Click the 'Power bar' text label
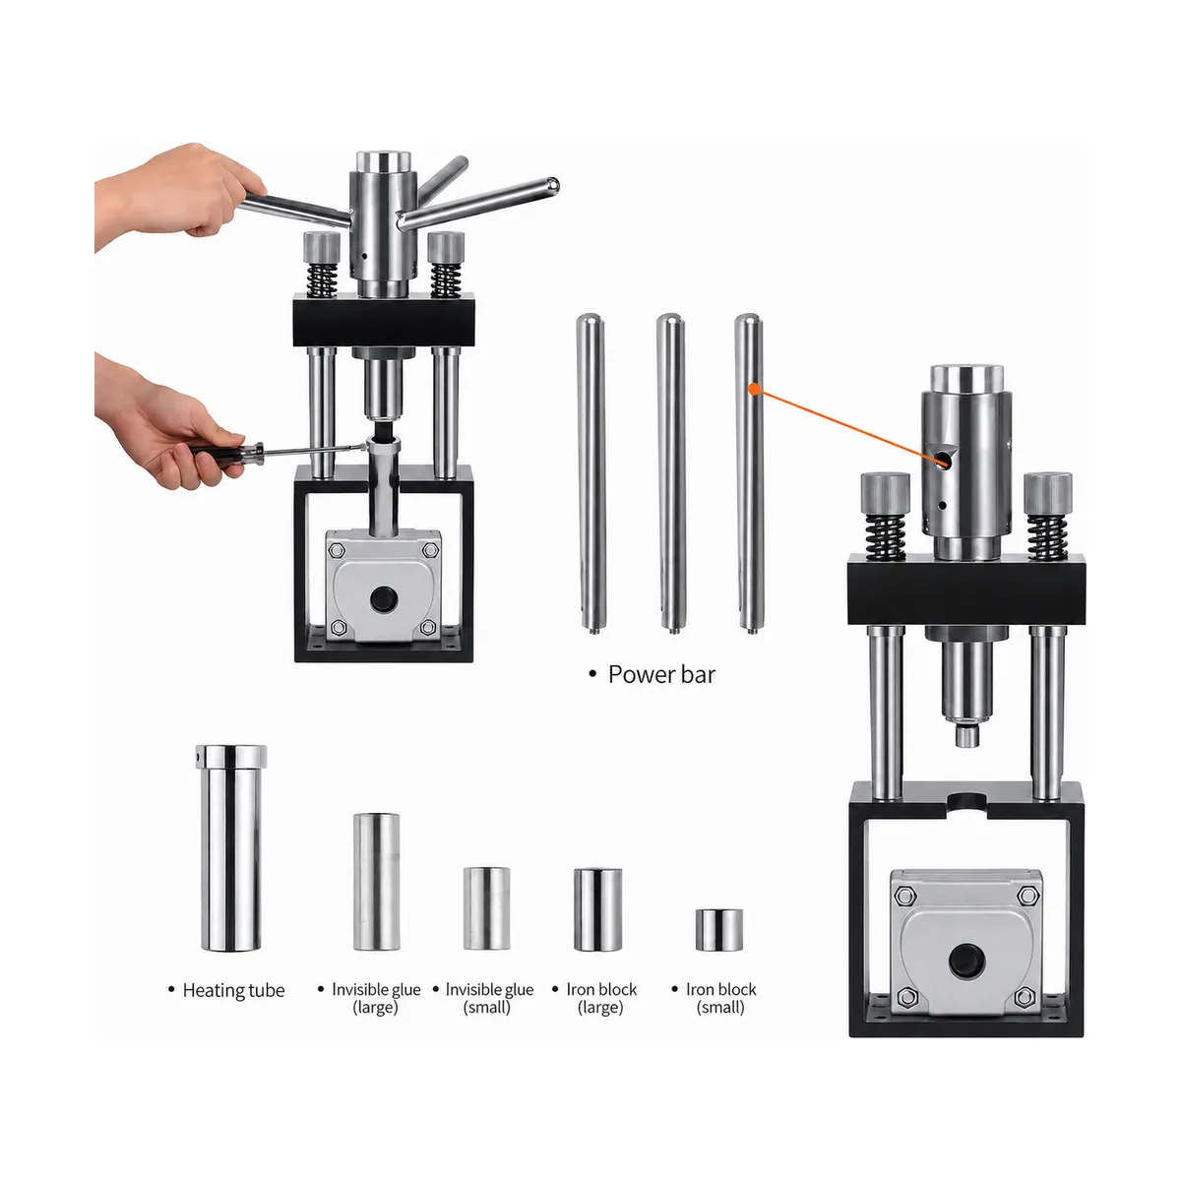pos(660,675)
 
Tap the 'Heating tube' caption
pos(233,990)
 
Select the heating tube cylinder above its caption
pos(231,848)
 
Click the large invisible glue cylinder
pos(376,882)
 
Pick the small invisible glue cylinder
pos(486,908)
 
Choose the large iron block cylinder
pos(597,909)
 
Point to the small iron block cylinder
pos(718,930)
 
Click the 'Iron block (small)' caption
pos(720,998)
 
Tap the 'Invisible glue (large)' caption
pos(376,998)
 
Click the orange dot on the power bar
pos(755,389)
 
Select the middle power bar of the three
pos(670,473)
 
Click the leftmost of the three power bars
pos(591,473)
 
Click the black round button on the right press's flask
pos(965,961)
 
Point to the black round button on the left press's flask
pos(384,597)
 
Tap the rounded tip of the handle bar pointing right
pos(552,184)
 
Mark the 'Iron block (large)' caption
pos(601,998)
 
